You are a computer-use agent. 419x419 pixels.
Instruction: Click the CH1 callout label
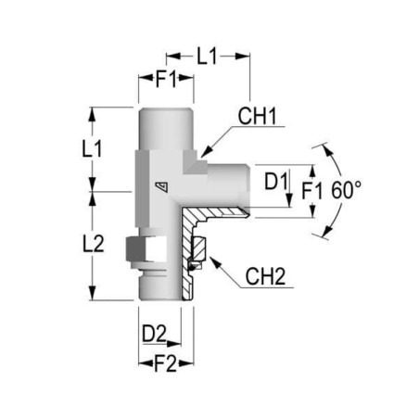(257, 116)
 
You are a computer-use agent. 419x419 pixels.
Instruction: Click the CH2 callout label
(265, 276)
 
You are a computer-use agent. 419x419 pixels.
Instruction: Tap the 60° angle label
(346, 190)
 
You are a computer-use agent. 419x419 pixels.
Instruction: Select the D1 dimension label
(276, 181)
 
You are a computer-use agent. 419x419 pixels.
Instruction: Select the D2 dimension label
(154, 334)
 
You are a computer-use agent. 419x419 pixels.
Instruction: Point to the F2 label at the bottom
(166, 363)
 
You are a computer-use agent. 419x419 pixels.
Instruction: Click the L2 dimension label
(94, 244)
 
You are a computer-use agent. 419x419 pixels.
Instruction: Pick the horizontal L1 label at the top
(207, 56)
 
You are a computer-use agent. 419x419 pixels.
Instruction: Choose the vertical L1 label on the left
(92, 148)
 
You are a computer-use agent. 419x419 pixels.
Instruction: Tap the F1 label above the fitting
(166, 79)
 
